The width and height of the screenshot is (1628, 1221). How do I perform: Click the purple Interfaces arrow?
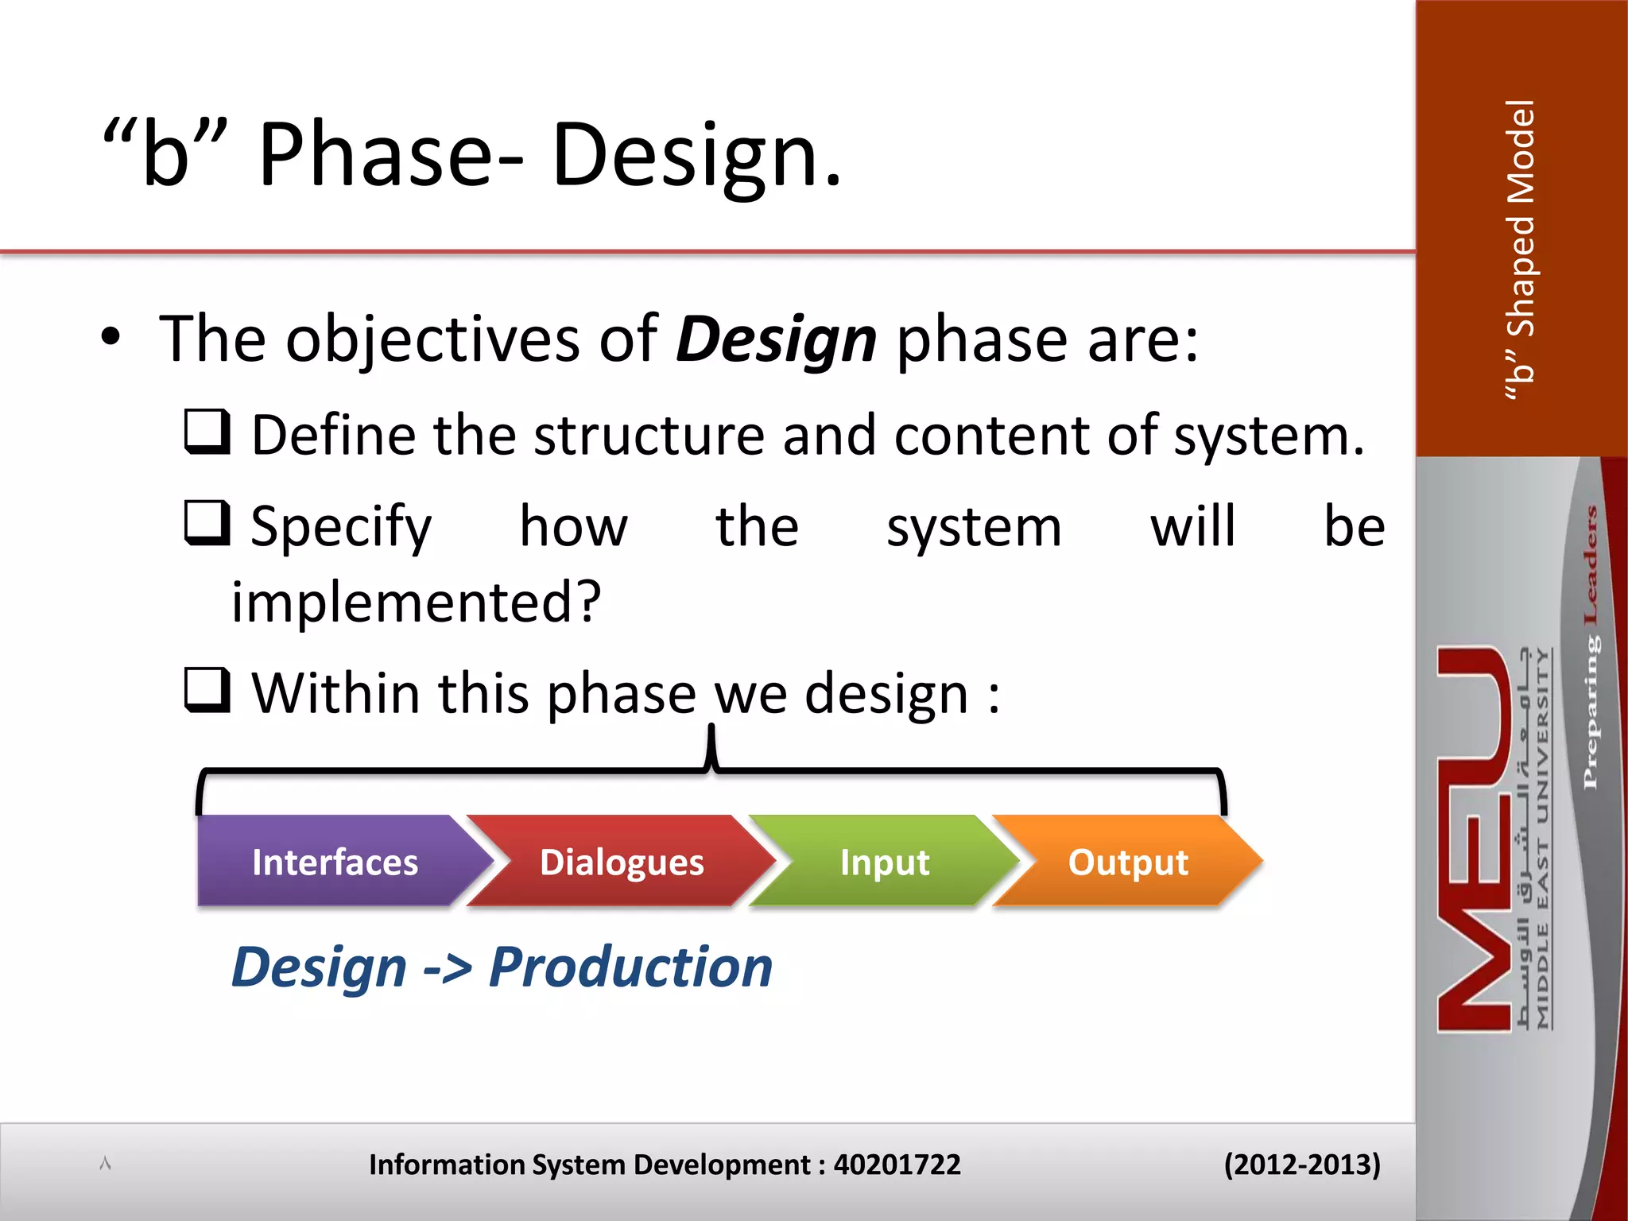[335, 862]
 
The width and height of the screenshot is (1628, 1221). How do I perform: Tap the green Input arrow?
[884, 862]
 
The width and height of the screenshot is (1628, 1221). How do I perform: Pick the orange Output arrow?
[1127, 862]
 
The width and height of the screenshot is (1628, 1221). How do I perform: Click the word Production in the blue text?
[630, 967]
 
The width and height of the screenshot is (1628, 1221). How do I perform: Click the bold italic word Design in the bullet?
[776, 340]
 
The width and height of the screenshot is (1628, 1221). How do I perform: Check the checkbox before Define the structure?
[207, 432]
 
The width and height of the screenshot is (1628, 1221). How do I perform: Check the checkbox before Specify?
[207, 523]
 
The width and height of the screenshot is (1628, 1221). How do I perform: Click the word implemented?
[416, 602]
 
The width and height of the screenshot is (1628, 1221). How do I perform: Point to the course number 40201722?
[897, 1165]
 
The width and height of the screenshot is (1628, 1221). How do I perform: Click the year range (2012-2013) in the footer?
[1301, 1165]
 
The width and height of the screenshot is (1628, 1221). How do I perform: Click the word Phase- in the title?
[390, 154]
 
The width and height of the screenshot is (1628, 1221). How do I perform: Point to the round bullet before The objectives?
[110, 337]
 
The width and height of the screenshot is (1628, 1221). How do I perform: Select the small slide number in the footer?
[105, 1164]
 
